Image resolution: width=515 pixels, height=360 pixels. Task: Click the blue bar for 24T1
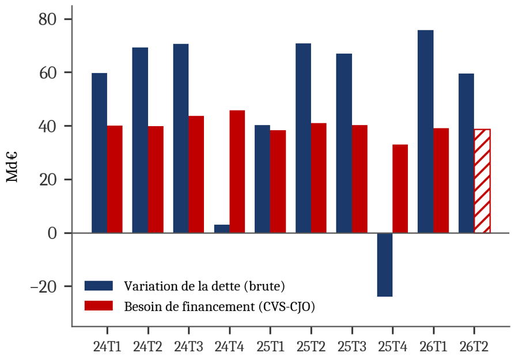(x=99, y=153)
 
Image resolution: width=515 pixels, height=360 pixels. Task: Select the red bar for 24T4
(x=237, y=172)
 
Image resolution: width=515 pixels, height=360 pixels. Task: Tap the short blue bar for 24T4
(x=222, y=229)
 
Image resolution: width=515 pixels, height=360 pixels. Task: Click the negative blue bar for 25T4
(x=385, y=265)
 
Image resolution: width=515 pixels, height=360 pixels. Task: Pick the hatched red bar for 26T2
(x=482, y=181)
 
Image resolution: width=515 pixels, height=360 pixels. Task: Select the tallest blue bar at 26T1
(x=425, y=132)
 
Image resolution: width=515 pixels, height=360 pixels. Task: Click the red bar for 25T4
(x=400, y=189)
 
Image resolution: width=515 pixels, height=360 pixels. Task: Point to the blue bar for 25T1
(x=263, y=179)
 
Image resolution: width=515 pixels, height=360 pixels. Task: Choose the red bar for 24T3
(x=196, y=175)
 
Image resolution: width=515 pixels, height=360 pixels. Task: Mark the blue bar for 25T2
(x=303, y=138)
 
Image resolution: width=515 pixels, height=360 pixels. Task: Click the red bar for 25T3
(x=359, y=179)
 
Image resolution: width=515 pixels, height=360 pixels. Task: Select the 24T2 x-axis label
(x=148, y=347)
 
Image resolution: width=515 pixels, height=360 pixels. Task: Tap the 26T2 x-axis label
(x=474, y=347)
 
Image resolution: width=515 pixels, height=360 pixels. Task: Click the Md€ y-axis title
(x=12, y=166)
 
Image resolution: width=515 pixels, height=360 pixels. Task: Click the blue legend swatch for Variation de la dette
(x=99, y=286)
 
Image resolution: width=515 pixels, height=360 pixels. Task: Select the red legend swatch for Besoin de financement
(x=99, y=306)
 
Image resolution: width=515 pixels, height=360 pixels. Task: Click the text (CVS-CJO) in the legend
(x=287, y=307)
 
